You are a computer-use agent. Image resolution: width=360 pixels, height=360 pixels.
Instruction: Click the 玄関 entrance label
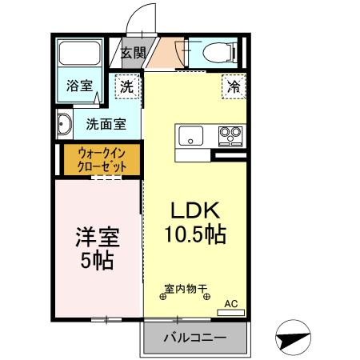tap(133, 54)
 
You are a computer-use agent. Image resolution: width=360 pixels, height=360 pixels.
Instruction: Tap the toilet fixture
tap(218, 54)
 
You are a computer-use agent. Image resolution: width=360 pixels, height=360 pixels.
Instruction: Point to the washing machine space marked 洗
tap(126, 86)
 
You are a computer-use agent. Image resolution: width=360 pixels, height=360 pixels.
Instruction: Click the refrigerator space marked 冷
tap(233, 86)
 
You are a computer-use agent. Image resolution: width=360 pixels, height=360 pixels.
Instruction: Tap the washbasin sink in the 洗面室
tap(65, 124)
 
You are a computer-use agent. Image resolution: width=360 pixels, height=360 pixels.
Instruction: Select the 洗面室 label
tap(105, 125)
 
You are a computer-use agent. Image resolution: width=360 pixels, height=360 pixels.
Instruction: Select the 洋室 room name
tap(97, 237)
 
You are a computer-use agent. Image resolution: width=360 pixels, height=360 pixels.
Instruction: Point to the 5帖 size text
tap(97, 260)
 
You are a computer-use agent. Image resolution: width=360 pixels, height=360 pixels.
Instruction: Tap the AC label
tap(231, 303)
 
